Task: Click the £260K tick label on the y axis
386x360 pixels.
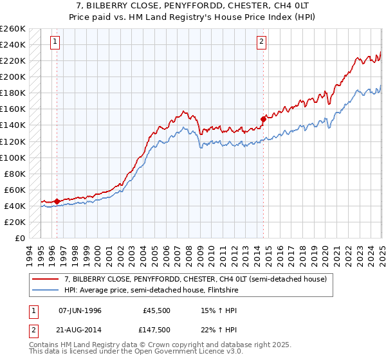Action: [13, 29]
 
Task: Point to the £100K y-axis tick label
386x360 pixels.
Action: [13, 157]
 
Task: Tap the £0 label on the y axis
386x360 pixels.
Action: [20, 238]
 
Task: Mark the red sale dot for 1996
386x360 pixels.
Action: [57, 201]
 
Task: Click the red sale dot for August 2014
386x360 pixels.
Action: [263, 119]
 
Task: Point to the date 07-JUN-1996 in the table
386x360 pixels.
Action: [80, 310]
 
